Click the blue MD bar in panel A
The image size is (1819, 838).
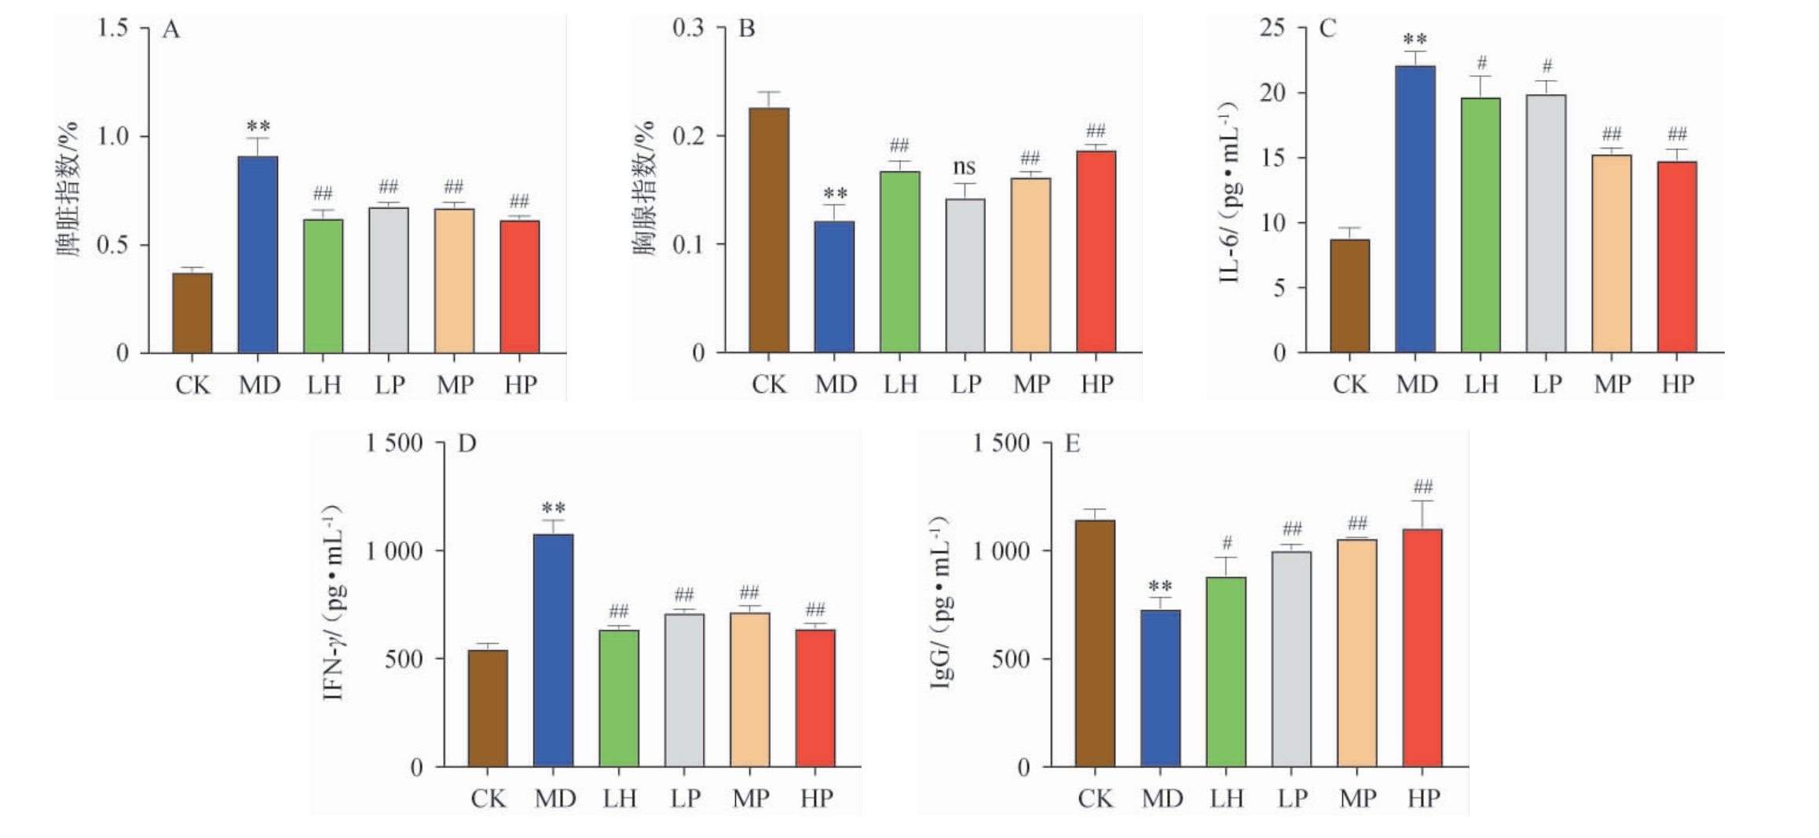click(258, 254)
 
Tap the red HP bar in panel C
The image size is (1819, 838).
click(1677, 257)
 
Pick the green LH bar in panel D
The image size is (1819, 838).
click(619, 698)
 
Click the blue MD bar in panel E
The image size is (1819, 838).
click(1160, 688)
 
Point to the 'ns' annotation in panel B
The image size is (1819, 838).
click(964, 167)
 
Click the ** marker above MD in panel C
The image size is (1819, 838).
click(1415, 39)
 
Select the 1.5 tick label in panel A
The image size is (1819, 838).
click(112, 28)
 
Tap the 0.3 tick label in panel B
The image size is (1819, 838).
click(688, 28)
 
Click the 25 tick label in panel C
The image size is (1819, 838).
click(1272, 28)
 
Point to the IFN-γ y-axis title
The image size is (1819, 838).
click(333, 602)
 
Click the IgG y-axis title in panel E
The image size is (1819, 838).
click(940, 602)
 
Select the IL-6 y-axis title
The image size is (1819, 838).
click(1228, 192)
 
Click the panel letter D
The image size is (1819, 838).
click(467, 444)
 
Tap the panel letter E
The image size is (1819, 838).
click(1072, 444)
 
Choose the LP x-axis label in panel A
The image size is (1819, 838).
click(390, 385)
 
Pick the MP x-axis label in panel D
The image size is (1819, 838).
click(751, 799)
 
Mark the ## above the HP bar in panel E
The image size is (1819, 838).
click(1422, 486)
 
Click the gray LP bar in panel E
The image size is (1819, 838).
click(1291, 659)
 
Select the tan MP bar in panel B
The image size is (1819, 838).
click(1030, 265)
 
